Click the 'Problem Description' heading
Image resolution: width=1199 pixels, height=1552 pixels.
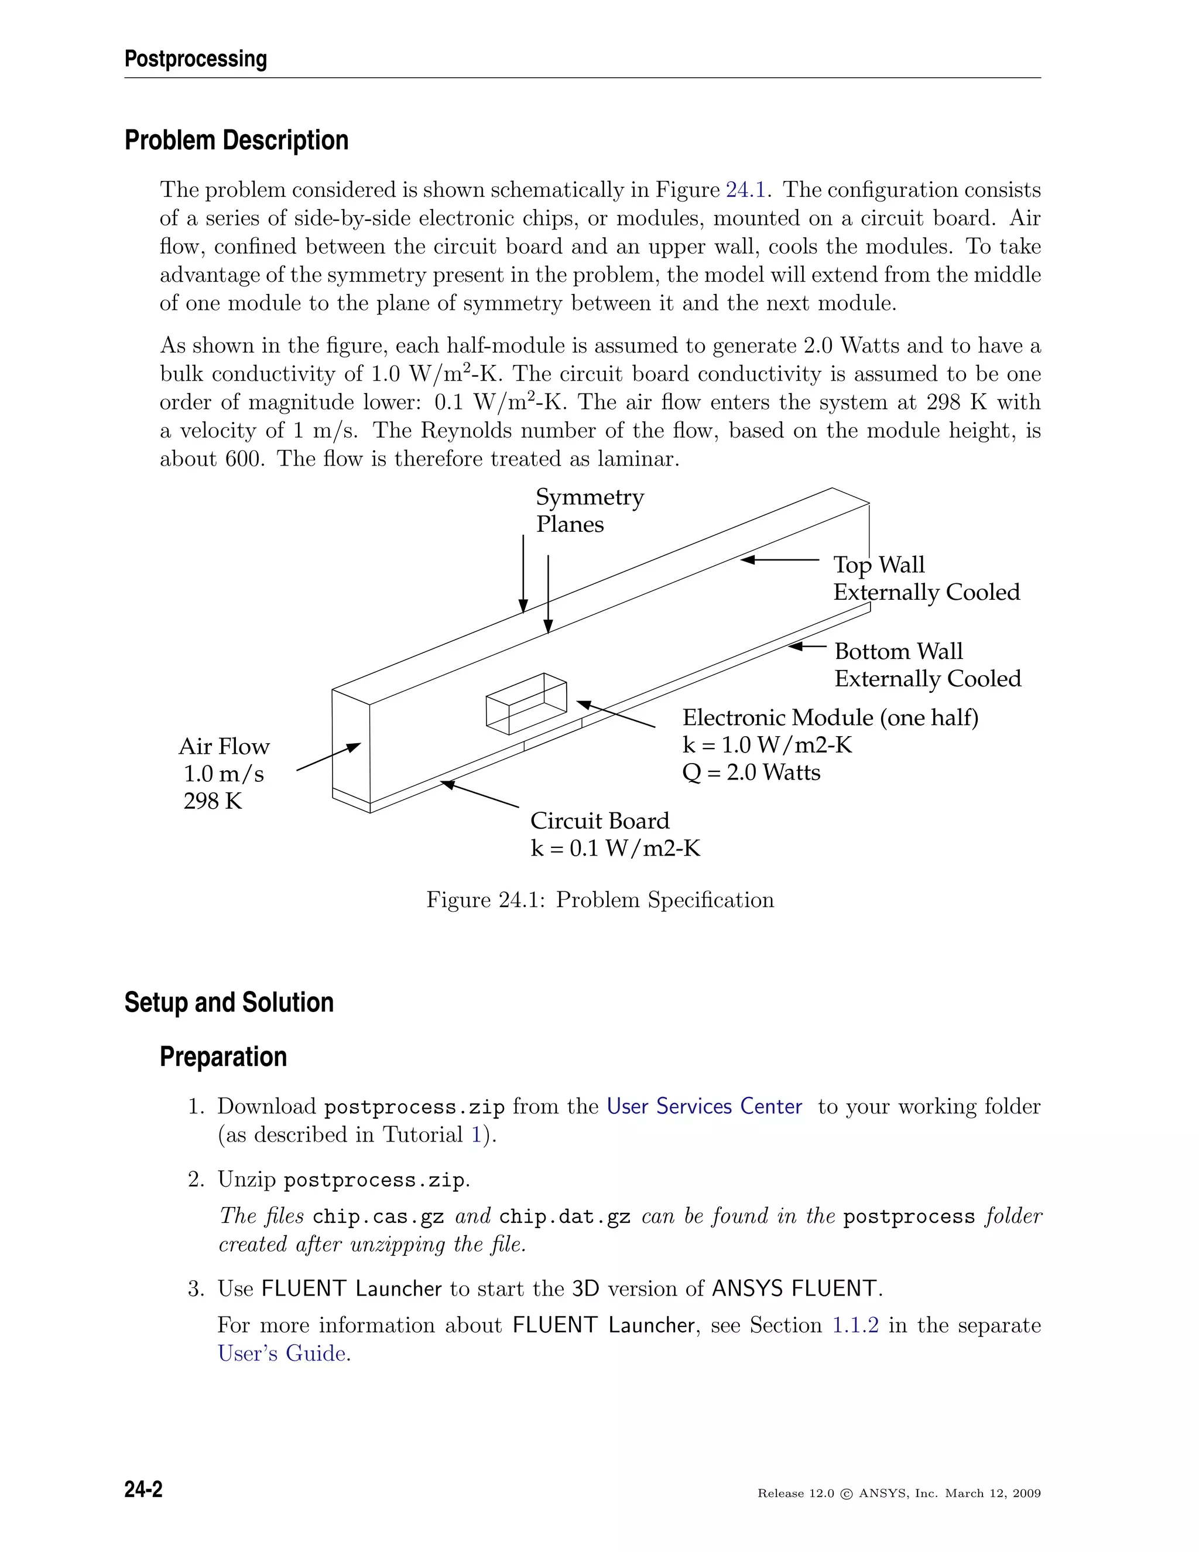pyautogui.click(x=237, y=141)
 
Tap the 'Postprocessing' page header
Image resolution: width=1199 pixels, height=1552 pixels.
pyautogui.click(x=196, y=59)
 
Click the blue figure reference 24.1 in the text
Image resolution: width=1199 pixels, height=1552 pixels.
pyautogui.click(x=745, y=190)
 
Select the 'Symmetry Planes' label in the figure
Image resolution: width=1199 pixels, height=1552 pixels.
pyautogui.click(x=589, y=510)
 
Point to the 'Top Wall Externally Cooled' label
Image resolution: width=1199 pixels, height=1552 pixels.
pyautogui.click(x=926, y=579)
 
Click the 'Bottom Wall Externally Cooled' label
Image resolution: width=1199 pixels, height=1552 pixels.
pyautogui.click(x=927, y=665)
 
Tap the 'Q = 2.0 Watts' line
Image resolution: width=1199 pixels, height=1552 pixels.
pyautogui.click(x=751, y=772)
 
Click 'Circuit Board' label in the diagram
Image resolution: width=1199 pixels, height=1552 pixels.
pyautogui.click(x=599, y=821)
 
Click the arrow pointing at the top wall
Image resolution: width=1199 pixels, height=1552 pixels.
pyautogui.click(x=779, y=560)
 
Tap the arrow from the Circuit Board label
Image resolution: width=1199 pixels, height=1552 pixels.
pyautogui.click(x=479, y=795)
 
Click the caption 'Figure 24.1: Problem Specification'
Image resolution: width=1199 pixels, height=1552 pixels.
pyautogui.click(x=599, y=900)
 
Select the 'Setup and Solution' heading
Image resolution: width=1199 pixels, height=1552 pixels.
pyautogui.click(x=229, y=1003)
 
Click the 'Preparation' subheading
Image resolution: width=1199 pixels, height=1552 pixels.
pyautogui.click(x=223, y=1057)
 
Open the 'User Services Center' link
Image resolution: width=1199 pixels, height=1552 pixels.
pyautogui.click(x=704, y=1106)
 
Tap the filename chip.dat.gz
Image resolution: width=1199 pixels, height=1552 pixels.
pyautogui.click(x=565, y=1216)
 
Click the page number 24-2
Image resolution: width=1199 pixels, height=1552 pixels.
pyautogui.click(x=143, y=1489)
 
